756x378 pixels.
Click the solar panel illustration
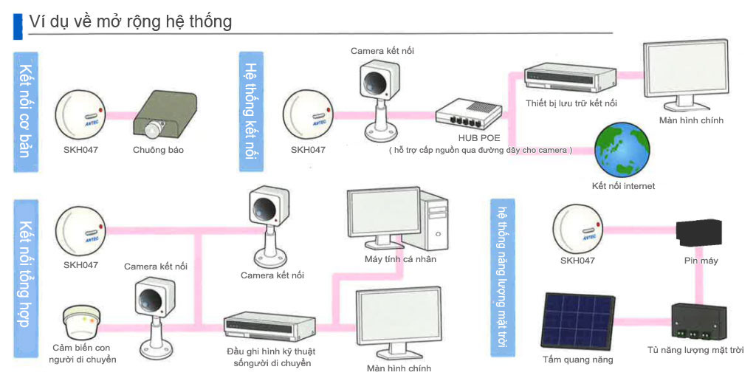[x=577, y=320]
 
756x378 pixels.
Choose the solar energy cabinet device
[x=699, y=323]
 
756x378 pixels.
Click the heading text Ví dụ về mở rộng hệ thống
[x=130, y=21]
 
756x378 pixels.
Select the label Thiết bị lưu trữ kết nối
[x=571, y=103]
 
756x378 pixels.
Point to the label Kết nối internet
[x=623, y=185]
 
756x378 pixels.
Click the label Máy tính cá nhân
[x=400, y=259]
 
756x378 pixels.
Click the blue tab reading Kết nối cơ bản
[x=26, y=112]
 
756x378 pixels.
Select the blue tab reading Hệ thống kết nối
[x=251, y=111]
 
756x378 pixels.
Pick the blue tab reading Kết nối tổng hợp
[x=26, y=278]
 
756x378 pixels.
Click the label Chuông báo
[x=158, y=150]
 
